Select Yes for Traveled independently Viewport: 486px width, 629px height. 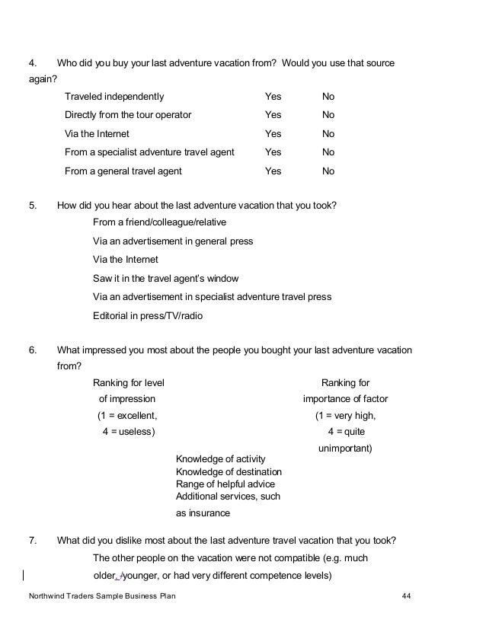[x=273, y=97]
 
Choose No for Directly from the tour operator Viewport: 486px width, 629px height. [x=328, y=115]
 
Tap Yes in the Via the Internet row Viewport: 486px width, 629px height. [x=273, y=134]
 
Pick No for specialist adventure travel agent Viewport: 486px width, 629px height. [x=328, y=152]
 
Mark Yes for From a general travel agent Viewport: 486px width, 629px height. [x=273, y=171]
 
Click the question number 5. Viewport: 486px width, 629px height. [x=33, y=205]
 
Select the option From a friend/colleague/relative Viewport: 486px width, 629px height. [x=159, y=222]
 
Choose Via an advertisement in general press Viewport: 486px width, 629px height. [x=173, y=241]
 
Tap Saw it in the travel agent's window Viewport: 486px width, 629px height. [x=165, y=279]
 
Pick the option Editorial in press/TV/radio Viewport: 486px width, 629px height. [x=148, y=315]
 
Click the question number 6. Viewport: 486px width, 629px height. [x=33, y=350]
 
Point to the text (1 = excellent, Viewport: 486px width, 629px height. [x=126, y=416]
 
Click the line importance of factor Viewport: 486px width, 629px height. [x=346, y=399]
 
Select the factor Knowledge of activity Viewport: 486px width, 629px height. [x=220, y=459]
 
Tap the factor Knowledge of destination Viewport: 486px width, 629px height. [x=229, y=471]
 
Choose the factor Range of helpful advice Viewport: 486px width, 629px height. [x=225, y=484]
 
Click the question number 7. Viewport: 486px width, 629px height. [x=33, y=541]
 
